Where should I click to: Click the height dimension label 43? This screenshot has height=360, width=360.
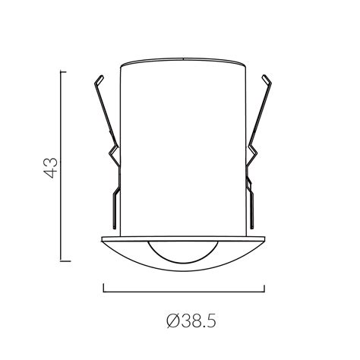pos(51,166)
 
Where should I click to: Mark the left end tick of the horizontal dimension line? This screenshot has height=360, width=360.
pos(103,289)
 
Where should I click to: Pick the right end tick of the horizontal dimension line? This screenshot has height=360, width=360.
pos(264,289)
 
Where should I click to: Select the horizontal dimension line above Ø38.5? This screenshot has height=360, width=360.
pos(183,292)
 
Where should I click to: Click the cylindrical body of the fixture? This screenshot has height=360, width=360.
pos(183,152)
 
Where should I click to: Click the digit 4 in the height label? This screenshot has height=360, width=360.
pos(51,173)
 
